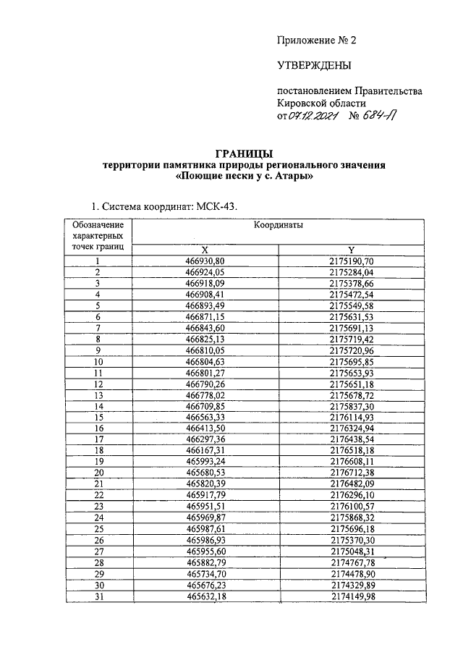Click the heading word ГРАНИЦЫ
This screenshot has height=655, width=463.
pyautogui.click(x=245, y=153)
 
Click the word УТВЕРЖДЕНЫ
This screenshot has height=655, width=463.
pyautogui.click(x=315, y=66)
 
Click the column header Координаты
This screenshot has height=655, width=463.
pyautogui.click(x=278, y=226)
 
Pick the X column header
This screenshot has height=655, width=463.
pyautogui.click(x=205, y=249)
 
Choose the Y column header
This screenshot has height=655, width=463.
pyautogui.click(x=350, y=249)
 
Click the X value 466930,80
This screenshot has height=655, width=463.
pyautogui.click(x=205, y=261)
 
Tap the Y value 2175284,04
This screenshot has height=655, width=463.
pyautogui.click(x=350, y=272)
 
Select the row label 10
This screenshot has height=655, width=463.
pyautogui.click(x=98, y=361)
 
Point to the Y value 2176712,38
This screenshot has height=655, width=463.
pyautogui.click(x=350, y=473)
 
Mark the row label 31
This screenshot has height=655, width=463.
pyautogui.click(x=98, y=596)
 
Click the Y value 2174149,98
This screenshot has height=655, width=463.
pyautogui.click(x=350, y=596)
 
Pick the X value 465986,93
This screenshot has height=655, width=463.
pyautogui.click(x=205, y=540)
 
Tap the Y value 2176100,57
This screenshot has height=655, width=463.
pyautogui.click(x=350, y=507)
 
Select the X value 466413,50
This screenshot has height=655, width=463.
pyautogui.click(x=205, y=428)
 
